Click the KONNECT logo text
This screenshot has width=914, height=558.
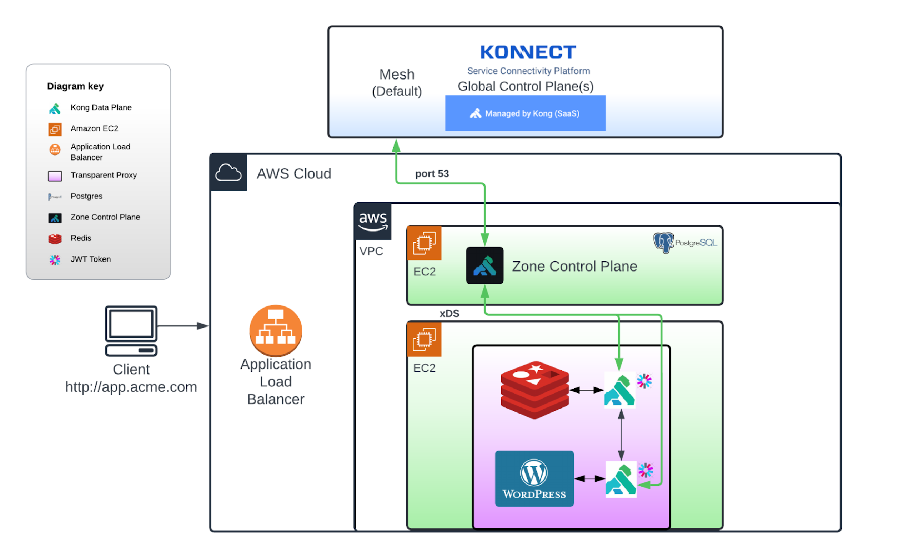point(528,52)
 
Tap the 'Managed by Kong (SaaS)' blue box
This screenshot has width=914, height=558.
point(525,113)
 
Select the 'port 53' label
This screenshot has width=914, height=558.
point(432,173)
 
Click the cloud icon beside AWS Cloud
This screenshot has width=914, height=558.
point(228,172)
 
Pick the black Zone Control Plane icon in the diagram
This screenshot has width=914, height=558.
point(484,265)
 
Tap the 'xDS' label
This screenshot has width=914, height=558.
point(449,314)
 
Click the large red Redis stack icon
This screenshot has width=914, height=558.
point(534,390)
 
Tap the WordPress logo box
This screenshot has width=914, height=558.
point(534,479)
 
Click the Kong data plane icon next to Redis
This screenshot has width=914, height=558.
point(619,390)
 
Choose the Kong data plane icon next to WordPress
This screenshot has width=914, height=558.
point(621,480)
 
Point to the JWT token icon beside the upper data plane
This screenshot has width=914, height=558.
point(644,381)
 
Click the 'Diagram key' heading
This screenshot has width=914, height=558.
point(75,86)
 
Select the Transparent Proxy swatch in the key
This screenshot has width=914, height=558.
point(55,176)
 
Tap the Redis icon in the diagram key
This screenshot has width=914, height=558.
point(55,239)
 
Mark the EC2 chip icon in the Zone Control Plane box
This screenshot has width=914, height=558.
point(424,243)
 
